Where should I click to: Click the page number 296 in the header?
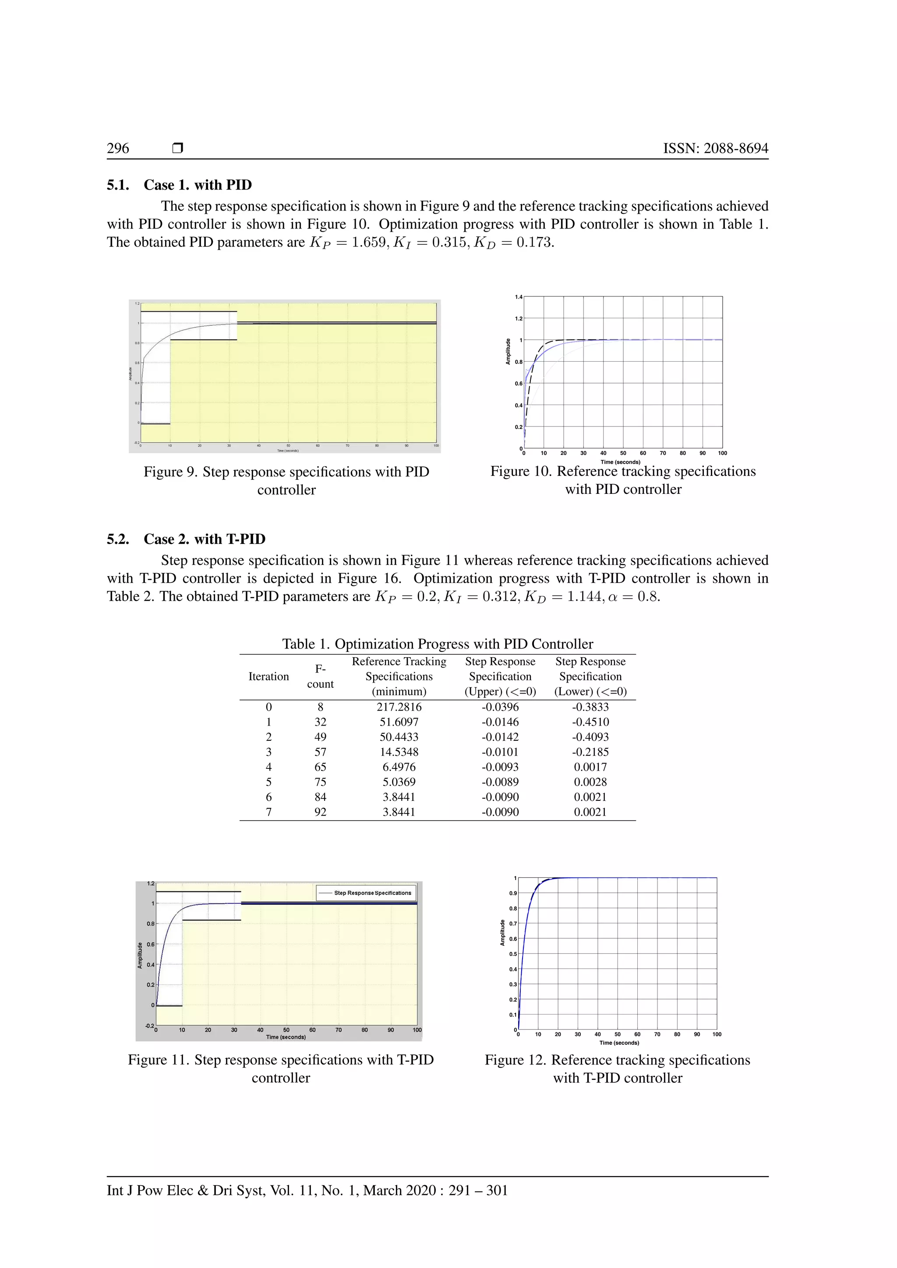pos(118,148)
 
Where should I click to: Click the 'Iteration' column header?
pos(268,676)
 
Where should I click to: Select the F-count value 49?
pos(320,737)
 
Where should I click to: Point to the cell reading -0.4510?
pos(590,722)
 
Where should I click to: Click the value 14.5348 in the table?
pos(399,752)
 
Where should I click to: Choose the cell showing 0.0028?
pos(590,782)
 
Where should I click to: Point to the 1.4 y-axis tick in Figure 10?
pos(518,297)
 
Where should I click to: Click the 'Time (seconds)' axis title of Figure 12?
pos(619,1043)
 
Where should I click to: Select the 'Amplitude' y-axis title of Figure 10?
pos(508,351)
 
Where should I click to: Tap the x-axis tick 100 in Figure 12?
pos(717,1034)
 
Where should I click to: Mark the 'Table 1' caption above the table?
pos(438,644)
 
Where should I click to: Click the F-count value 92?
pos(320,812)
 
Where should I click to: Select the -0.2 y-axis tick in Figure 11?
pos(149,1025)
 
